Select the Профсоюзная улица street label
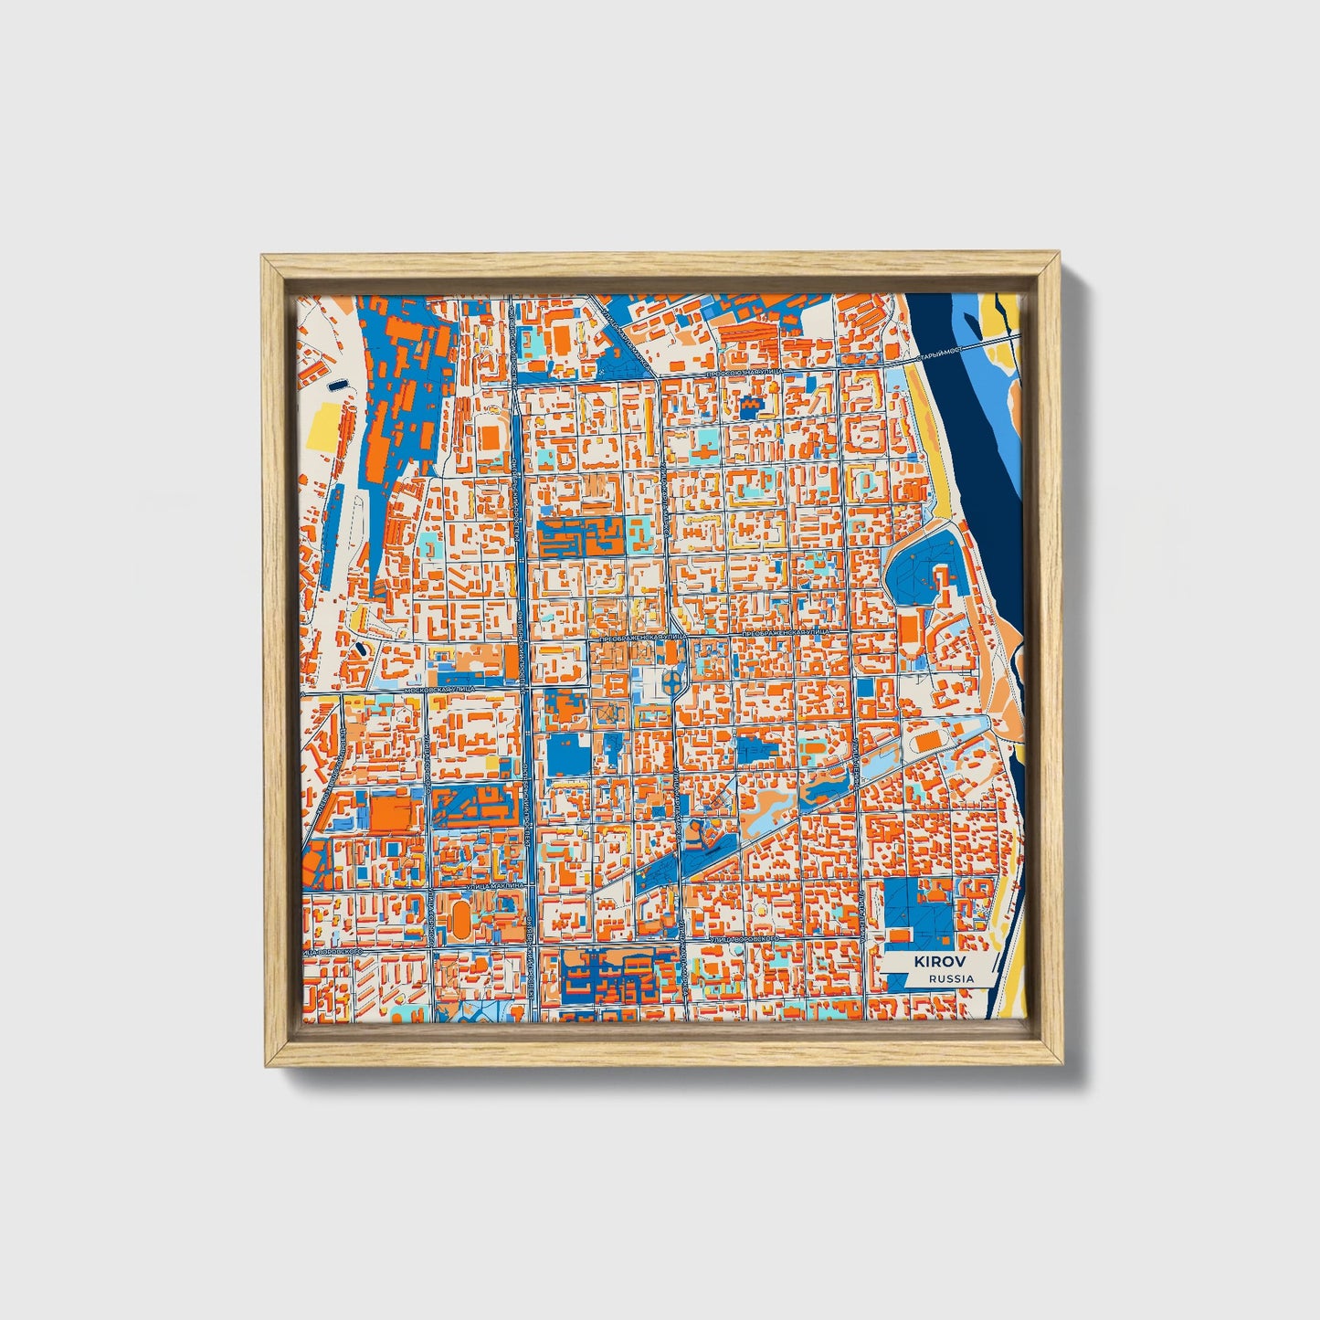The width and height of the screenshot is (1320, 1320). [748, 373]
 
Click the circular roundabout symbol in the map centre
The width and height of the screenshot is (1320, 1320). [672, 681]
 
